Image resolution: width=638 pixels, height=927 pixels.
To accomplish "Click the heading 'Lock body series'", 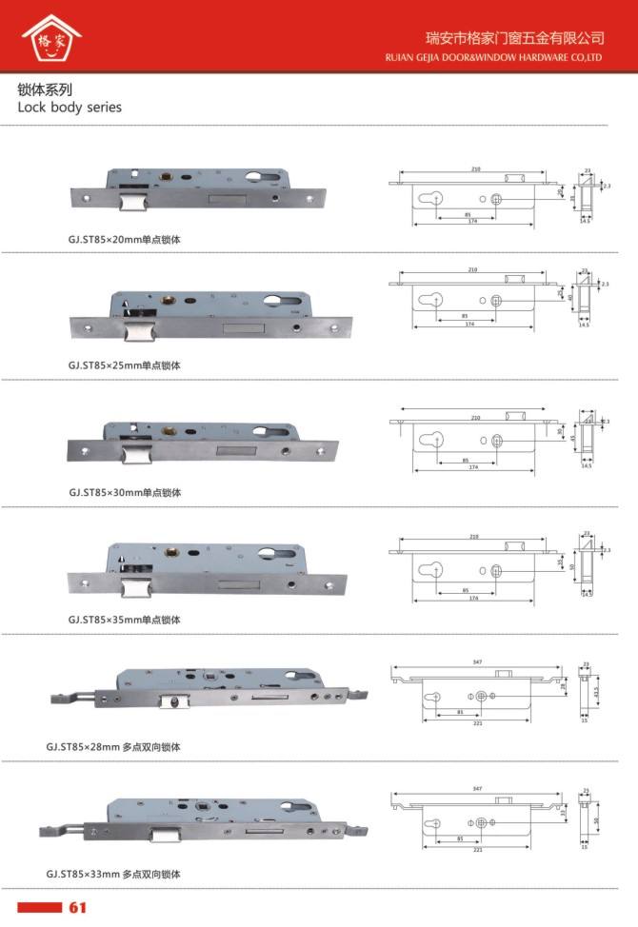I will [x=70, y=108].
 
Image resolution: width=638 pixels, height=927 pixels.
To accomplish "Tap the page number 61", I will [x=78, y=907].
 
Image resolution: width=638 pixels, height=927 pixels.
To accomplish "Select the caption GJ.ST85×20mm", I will [x=124, y=240].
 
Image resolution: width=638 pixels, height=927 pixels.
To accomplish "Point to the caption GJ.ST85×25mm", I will [x=124, y=365].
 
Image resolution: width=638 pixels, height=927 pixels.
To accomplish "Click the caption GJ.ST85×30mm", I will [x=124, y=493].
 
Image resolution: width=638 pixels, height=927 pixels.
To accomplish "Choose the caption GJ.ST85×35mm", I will [x=124, y=620].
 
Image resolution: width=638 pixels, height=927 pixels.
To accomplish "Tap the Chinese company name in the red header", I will [x=514, y=38].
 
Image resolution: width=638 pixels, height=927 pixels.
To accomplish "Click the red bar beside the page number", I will [x=39, y=907].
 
